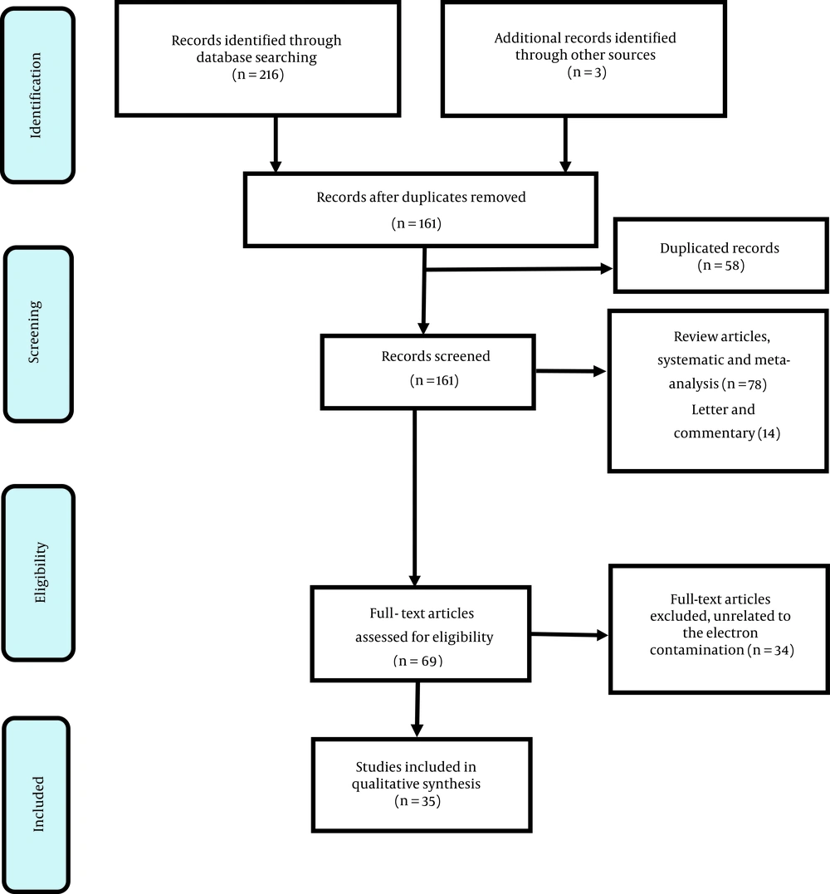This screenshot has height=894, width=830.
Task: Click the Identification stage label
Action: tap(36, 95)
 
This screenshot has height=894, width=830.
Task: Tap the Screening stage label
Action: tap(34, 332)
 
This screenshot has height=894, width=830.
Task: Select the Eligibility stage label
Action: tap(40, 573)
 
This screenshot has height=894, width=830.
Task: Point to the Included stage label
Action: tap(37, 804)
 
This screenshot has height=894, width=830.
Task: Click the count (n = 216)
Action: tap(257, 74)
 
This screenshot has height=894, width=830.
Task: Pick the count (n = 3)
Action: tap(587, 72)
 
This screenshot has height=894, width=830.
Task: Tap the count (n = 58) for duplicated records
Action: tap(721, 265)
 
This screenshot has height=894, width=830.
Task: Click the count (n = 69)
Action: tap(417, 661)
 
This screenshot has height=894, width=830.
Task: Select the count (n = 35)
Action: tap(417, 801)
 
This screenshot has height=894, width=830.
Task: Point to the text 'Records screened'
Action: tap(436, 356)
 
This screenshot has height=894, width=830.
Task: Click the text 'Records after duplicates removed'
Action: tap(422, 198)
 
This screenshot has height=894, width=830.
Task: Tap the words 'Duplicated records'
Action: tap(720, 248)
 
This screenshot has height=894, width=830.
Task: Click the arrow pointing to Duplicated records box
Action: tap(519, 269)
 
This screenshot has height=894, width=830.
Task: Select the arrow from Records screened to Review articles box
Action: tap(571, 371)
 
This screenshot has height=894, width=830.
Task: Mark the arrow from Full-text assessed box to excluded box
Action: tap(569, 634)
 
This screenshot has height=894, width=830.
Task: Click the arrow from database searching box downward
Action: tap(276, 144)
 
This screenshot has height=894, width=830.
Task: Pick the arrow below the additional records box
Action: tap(565, 144)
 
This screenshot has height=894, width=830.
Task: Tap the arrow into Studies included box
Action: tap(417, 709)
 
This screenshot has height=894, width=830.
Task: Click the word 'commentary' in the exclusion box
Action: tap(715, 433)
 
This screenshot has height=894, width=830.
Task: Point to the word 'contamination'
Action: tap(696, 650)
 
